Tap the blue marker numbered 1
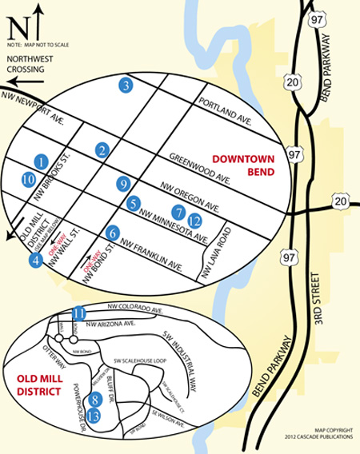pyautogui.click(x=42, y=162)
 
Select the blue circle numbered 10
pyautogui.click(x=29, y=180)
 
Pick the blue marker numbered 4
pyautogui.click(x=35, y=259)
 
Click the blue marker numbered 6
pyautogui.click(x=113, y=233)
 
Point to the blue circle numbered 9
pyautogui.click(x=122, y=184)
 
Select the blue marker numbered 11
pyautogui.click(x=78, y=313)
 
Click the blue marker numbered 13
pyautogui.click(x=94, y=415)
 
